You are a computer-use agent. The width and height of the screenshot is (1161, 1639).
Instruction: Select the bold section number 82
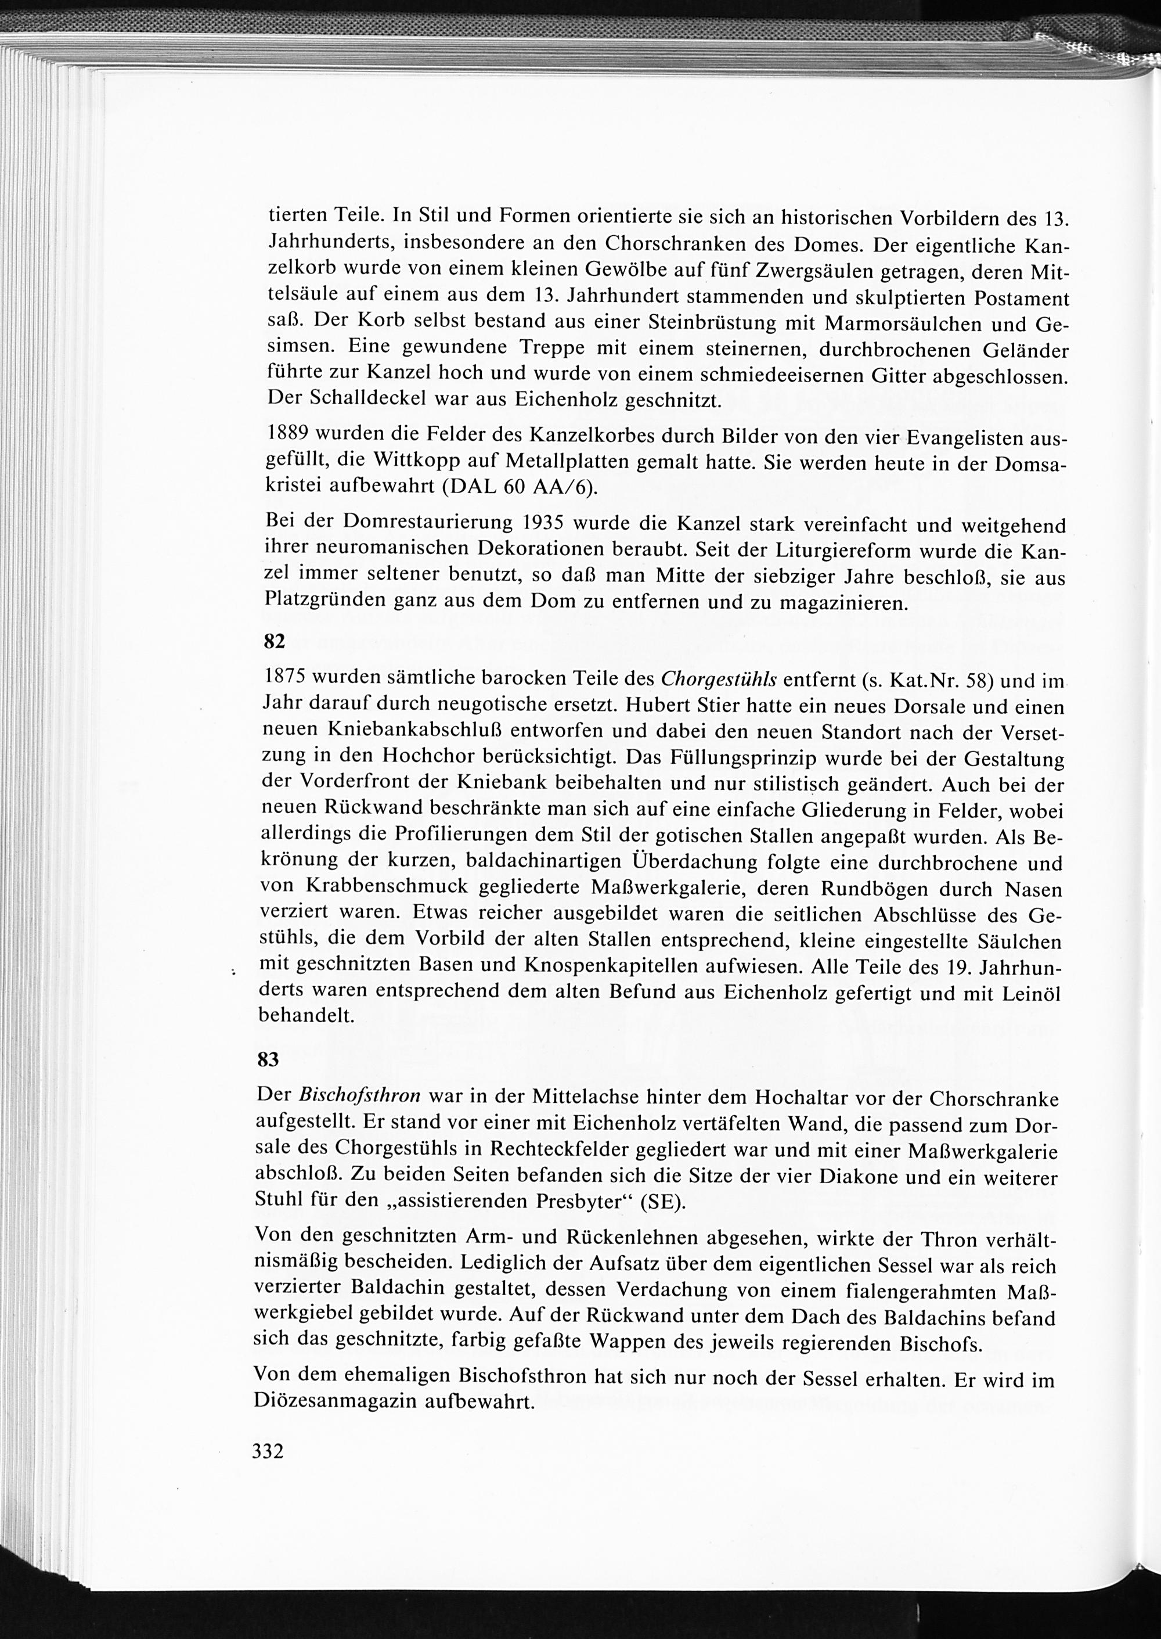(x=274, y=641)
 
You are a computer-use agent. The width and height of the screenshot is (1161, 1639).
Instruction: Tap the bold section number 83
(x=268, y=1059)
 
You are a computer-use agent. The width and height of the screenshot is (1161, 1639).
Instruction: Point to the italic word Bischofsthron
(x=359, y=1095)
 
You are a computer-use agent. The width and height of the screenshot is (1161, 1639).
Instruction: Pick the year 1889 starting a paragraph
(x=290, y=434)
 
